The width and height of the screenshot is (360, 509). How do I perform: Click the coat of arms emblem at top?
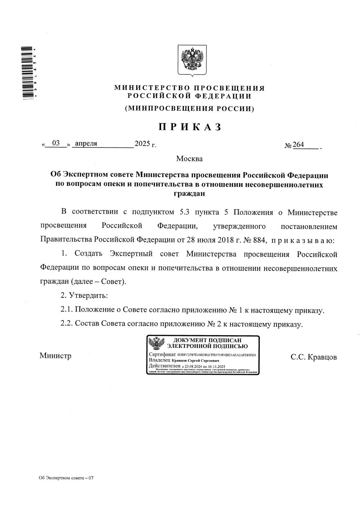[192, 60]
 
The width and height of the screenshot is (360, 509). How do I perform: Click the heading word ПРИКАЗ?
[189, 127]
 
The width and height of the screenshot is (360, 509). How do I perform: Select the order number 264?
[298, 144]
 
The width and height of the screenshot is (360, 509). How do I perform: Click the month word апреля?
[86, 143]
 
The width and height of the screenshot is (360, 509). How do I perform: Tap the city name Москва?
[189, 159]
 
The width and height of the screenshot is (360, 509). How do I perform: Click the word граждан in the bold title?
[189, 193]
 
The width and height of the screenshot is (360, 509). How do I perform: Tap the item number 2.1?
[67, 310]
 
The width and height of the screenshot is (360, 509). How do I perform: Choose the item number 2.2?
[67, 324]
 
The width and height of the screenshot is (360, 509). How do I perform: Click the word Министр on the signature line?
[55, 356]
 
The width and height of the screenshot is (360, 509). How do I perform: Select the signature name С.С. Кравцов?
[314, 357]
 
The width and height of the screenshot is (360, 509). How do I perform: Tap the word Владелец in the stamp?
[159, 360]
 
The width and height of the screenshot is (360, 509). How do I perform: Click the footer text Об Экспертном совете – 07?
[66, 478]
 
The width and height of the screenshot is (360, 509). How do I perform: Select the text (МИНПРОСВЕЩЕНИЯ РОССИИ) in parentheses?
[189, 108]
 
